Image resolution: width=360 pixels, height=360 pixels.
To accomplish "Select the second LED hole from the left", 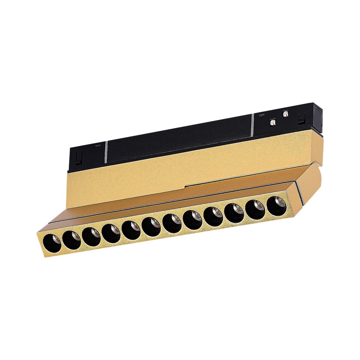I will click(71, 239).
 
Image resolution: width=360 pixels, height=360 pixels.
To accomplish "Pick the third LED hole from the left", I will click(91, 235).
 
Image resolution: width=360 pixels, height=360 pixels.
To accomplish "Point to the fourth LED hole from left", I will click(111, 232).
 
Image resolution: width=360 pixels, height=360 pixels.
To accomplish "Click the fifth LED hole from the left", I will click(131, 229).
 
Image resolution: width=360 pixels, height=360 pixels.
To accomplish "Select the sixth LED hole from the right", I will click(172, 221).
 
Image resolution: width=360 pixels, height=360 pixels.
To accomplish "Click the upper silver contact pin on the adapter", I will click(285, 114).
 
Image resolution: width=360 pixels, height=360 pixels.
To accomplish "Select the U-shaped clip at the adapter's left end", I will click(79, 157).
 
